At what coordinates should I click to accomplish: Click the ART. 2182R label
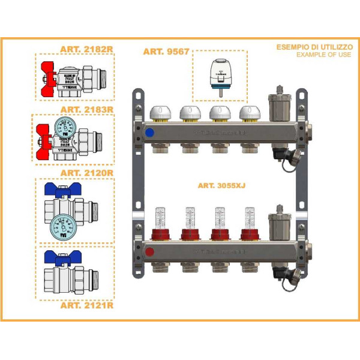(x=87, y=50)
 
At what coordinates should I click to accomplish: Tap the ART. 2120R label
(x=87, y=172)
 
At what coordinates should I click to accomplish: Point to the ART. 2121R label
(x=87, y=305)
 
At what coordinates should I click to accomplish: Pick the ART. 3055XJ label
(x=221, y=186)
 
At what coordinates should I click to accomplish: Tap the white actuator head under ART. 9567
(x=219, y=73)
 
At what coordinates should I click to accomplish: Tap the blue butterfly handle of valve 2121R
(x=61, y=257)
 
